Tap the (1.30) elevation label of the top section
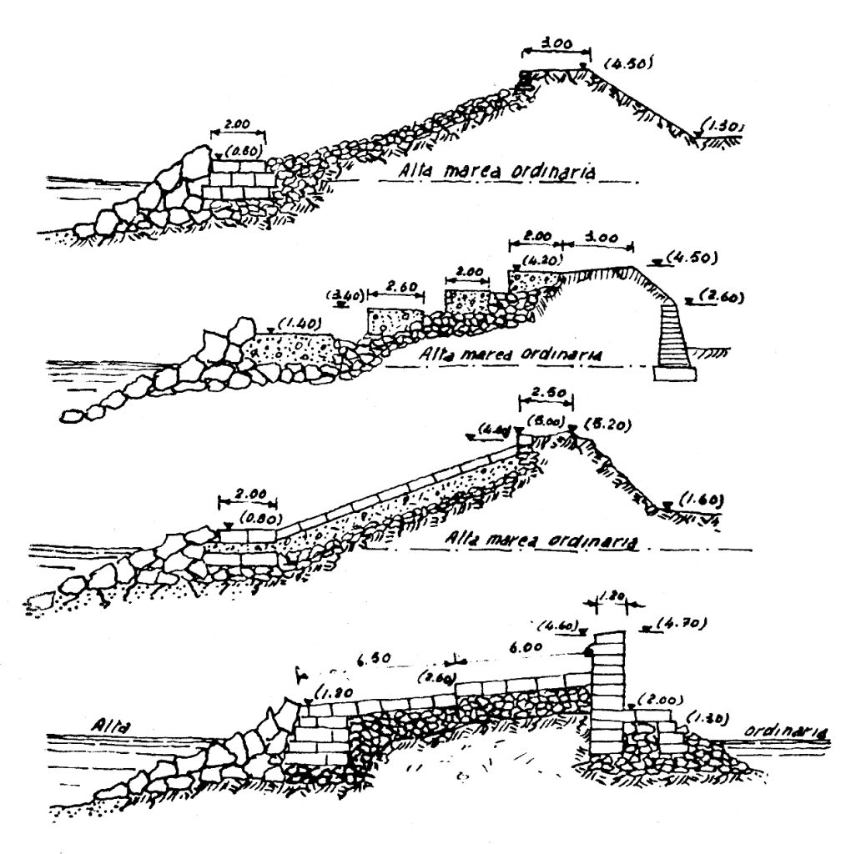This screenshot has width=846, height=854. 723,127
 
